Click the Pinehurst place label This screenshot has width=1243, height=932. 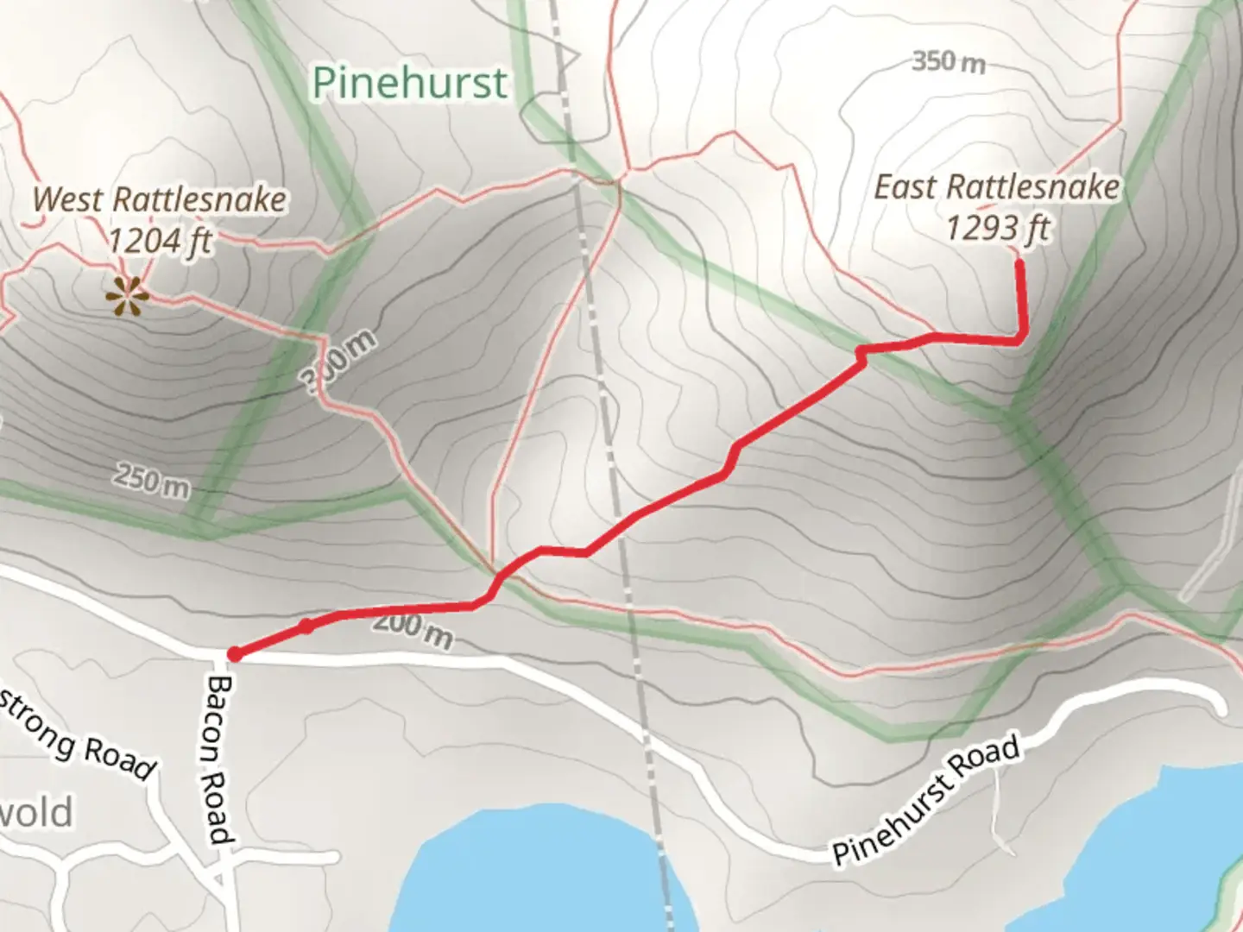pyautogui.click(x=409, y=84)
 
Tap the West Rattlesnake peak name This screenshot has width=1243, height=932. pyautogui.click(x=160, y=200)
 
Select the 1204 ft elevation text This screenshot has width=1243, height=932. pyautogui.click(x=160, y=240)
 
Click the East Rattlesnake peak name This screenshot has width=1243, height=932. pyautogui.click(x=997, y=187)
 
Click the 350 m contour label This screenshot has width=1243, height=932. pyautogui.click(x=948, y=62)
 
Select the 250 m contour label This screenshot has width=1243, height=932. pyautogui.click(x=150, y=480)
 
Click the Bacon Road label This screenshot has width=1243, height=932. pyautogui.click(x=220, y=759)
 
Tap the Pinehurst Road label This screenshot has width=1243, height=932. pyautogui.click(x=926, y=801)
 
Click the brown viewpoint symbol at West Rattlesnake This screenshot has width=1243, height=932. pyautogui.click(x=126, y=298)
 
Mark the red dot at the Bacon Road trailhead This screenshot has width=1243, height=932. pyautogui.click(x=234, y=655)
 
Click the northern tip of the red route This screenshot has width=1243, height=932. pyautogui.click(x=1019, y=262)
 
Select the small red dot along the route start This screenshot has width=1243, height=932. pyautogui.click(x=306, y=626)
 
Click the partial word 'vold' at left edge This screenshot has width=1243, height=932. pyautogui.click(x=36, y=813)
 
